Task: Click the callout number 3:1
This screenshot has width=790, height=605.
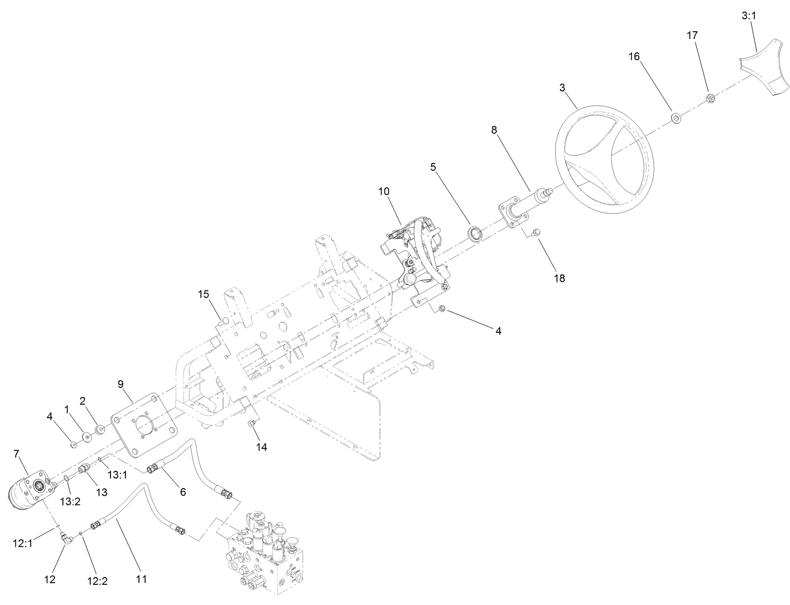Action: click(x=748, y=15)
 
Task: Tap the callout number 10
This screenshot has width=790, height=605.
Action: click(x=383, y=191)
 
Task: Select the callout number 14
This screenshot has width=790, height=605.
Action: click(x=261, y=447)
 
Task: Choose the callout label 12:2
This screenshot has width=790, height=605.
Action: click(x=98, y=580)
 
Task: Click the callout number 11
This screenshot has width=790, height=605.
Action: click(x=140, y=579)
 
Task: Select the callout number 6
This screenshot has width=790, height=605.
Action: click(x=182, y=492)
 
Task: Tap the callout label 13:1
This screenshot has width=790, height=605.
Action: click(x=117, y=475)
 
